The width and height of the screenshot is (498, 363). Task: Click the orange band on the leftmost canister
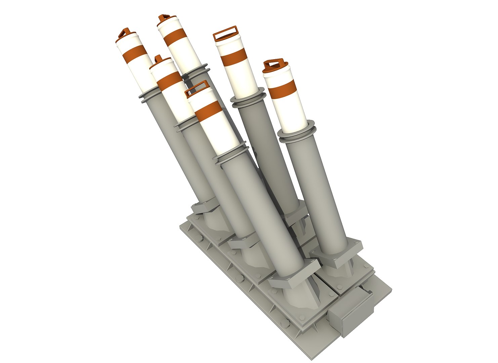pos(134,54)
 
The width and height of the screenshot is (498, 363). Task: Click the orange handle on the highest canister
pos(164,18)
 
